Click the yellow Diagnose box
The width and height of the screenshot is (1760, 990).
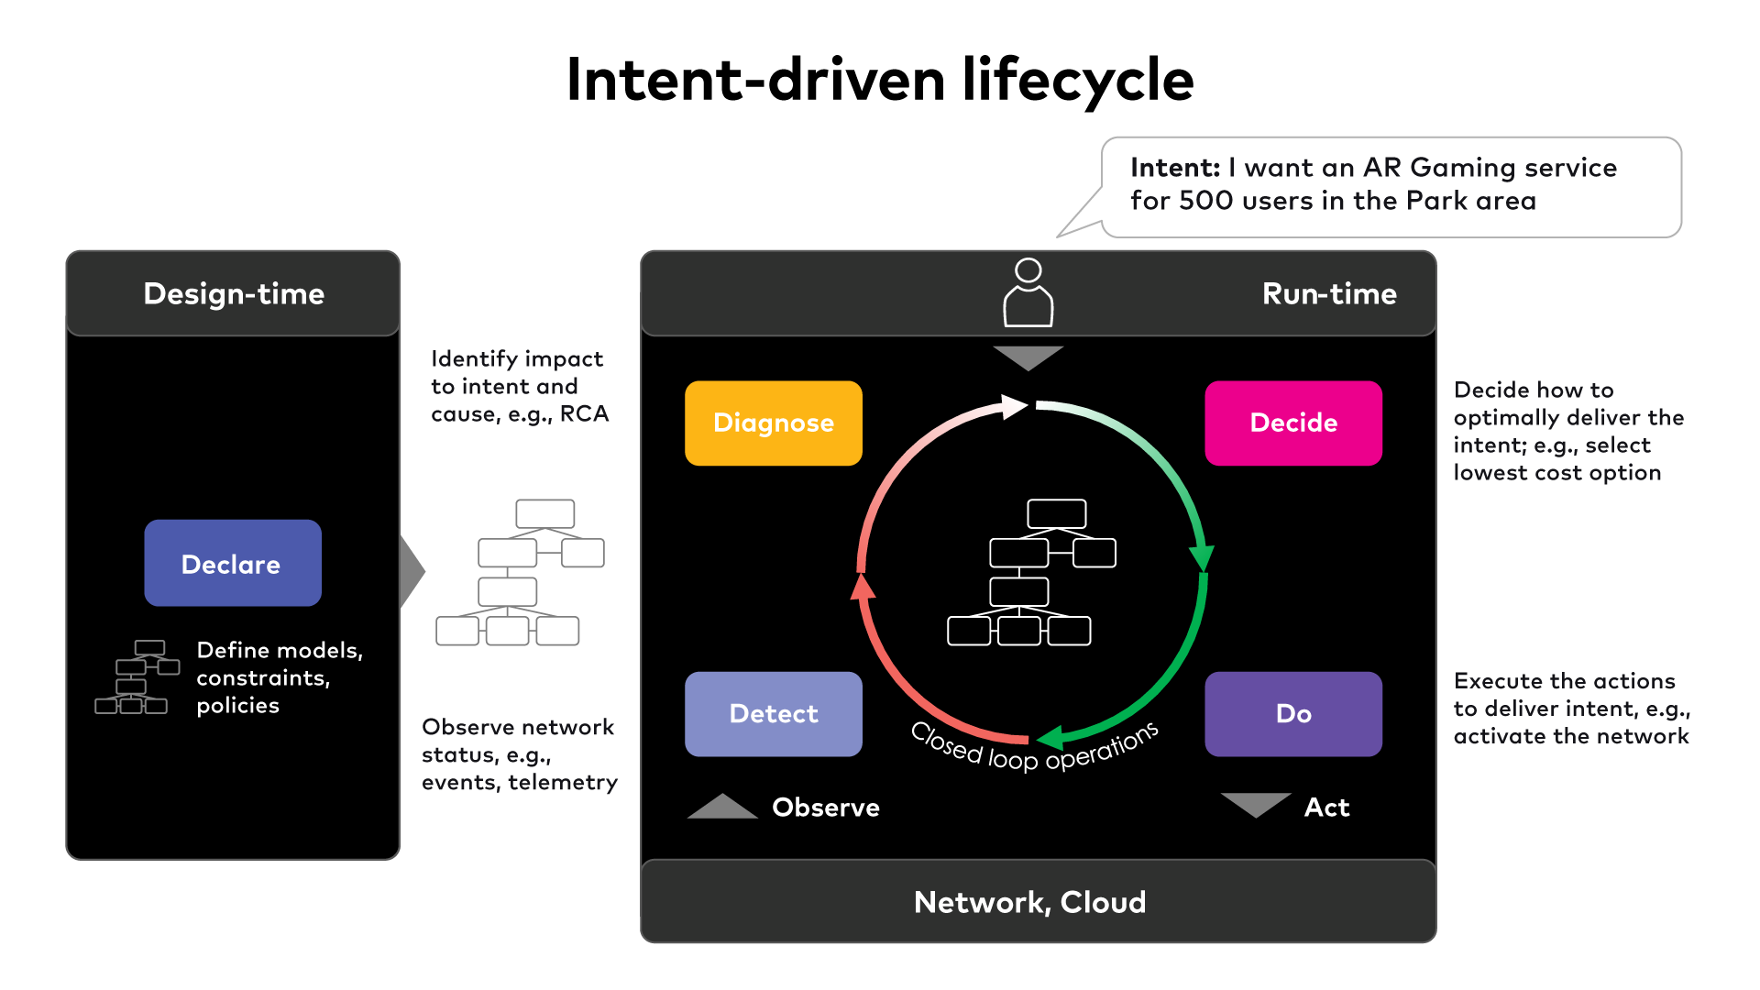click(773, 423)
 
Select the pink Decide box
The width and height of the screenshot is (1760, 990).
click(1292, 423)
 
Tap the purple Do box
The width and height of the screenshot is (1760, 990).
click(1292, 713)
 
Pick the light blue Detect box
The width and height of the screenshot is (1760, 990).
click(773, 713)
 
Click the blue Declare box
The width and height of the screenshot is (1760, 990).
click(232, 563)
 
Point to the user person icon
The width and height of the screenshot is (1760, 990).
click(1028, 293)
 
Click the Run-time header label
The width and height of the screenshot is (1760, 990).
click(1328, 293)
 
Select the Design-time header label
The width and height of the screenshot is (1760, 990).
click(234, 293)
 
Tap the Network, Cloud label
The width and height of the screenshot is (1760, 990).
click(1029, 902)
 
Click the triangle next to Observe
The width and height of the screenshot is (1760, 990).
click(722, 808)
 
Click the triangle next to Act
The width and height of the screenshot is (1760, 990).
click(1255, 803)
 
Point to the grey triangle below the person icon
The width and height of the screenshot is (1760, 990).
click(1028, 357)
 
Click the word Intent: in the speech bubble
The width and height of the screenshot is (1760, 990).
click(1174, 168)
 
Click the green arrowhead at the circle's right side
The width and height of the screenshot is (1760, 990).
click(1201, 557)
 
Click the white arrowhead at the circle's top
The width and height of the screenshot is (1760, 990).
click(1014, 406)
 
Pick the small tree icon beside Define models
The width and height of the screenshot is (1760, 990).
click(137, 677)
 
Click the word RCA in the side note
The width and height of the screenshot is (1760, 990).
click(584, 414)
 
